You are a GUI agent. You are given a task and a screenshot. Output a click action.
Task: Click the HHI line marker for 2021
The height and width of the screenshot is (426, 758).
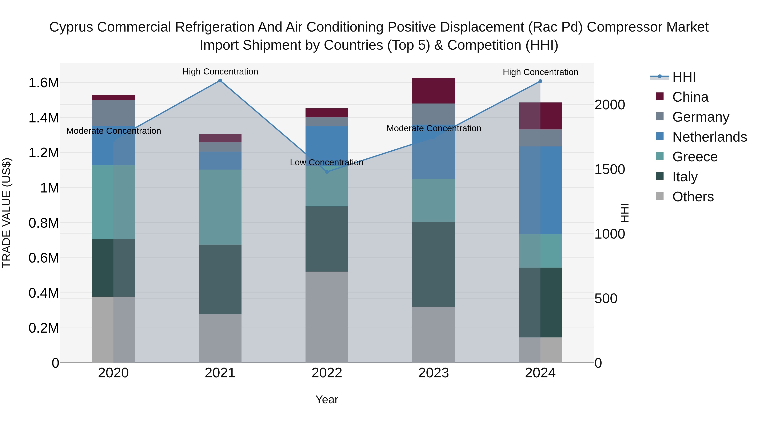[220, 81]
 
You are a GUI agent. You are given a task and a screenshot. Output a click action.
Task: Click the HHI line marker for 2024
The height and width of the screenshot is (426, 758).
[540, 81]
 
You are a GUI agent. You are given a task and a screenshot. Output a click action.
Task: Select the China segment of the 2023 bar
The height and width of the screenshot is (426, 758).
[434, 91]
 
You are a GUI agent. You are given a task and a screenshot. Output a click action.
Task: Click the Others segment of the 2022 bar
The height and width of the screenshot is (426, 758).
[327, 317]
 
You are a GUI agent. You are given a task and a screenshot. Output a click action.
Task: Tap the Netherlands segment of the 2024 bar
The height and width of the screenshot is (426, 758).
[540, 190]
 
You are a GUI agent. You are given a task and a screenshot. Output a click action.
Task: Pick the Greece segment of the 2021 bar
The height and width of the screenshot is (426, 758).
[220, 207]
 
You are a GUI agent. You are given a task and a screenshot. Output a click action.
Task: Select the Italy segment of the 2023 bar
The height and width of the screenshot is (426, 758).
[434, 264]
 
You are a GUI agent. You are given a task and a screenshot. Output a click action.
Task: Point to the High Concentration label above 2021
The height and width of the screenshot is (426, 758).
[220, 72]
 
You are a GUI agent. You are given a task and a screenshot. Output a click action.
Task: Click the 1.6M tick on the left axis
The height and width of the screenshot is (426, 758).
[44, 83]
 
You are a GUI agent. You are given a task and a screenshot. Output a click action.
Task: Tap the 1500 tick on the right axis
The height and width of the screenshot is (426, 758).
[609, 169]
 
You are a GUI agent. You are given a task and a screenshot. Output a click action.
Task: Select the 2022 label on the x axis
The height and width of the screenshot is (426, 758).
[327, 373]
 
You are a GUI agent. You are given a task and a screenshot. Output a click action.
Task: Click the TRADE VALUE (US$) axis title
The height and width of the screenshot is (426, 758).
[7, 213]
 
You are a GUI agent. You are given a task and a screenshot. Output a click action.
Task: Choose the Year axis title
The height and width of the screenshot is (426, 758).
[327, 399]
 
